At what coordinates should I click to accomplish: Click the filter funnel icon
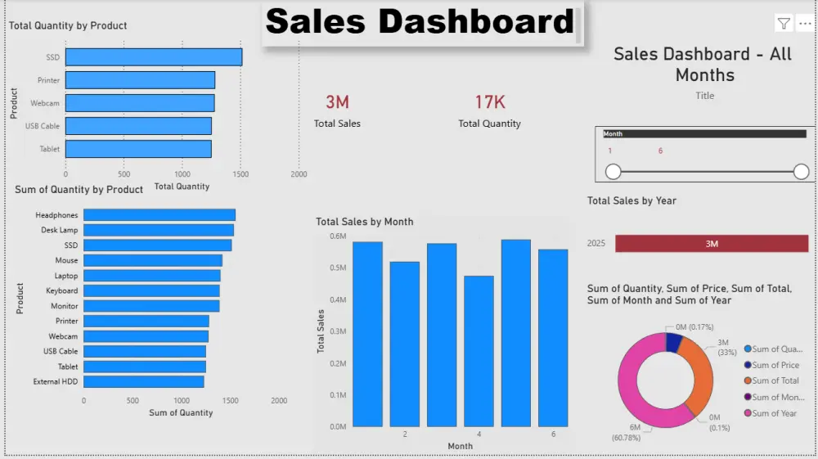point(784,24)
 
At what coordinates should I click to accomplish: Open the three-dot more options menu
point(804,24)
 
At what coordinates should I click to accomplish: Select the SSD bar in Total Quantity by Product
point(154,57)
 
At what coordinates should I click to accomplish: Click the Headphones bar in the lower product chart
point(160,215)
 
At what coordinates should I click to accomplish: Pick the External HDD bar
point(144,381)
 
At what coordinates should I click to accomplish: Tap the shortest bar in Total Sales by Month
point(479,351)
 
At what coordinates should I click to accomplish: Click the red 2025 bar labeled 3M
point(711,244)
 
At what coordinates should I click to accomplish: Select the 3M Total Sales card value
point(337,102)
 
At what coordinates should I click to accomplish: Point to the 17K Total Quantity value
point(490,102)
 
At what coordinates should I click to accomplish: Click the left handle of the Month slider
point(613,172)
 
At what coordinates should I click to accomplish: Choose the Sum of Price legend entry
point(775,366)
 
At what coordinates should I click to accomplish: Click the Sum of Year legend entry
point(774,413)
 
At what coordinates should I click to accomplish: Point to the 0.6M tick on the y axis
point(337,236)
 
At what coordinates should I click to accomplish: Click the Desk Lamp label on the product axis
point(60,231)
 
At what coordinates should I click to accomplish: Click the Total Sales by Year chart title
point(631,200)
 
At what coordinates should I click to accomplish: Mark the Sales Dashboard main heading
point(420,22)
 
